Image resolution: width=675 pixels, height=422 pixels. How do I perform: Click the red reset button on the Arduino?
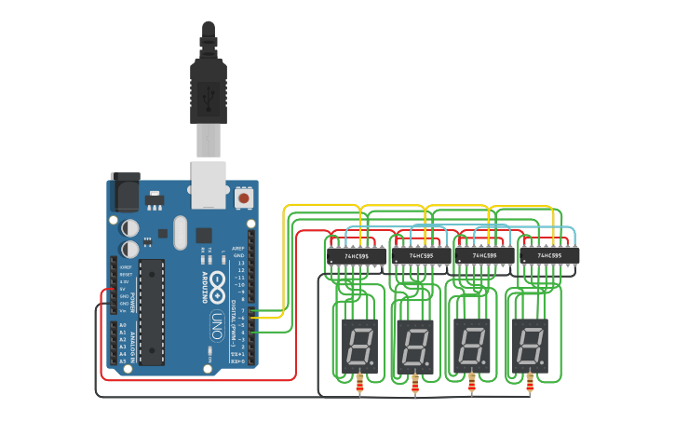pyautogui.click(x=244, y=197)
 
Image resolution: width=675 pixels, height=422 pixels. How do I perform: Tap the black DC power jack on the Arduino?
pyautogui.click(x=124, y=192)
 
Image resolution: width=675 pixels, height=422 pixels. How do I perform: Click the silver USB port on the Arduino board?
pyautogui.click(x=209, y=183)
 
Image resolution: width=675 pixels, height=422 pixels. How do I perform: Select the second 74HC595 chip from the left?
pyautogui.click(x=415, y=254)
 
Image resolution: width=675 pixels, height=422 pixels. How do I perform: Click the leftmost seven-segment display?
pyautogui.click(x=358, y=343)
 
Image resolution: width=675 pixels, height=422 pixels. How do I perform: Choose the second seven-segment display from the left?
pyautogui.click(x=414, y=343)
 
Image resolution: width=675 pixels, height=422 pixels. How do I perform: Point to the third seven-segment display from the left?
pyautogui.click(x=471, y=343)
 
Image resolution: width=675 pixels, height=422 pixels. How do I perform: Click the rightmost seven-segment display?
pyautogui.click(x=530, y=343)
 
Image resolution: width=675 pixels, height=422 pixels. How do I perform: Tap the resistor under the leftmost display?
pyautogui.click(x=360, y=382)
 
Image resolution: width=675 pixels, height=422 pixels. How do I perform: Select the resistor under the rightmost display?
pyautogui.click(x=531, y=382)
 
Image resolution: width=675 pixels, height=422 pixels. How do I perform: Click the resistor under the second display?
pyautogui.click(x=415, y=382)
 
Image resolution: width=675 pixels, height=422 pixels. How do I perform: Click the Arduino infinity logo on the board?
pyautogui.click(x=220, y=279)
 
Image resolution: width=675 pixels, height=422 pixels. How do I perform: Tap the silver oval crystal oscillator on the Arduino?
pyautogui.click(x=179, y=233)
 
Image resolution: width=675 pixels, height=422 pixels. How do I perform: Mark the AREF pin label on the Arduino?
pyautogui.click(x=238, y=249)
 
